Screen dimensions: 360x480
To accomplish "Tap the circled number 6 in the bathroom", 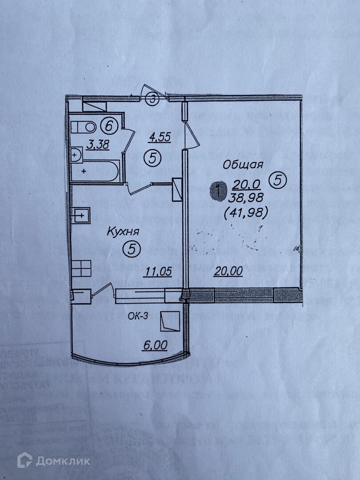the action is coord(109,126).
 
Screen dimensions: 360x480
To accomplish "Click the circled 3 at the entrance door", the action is coord(152,99).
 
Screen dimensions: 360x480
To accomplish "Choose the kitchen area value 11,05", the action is coord(157,271).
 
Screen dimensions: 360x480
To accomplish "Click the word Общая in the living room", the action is coord(243,164).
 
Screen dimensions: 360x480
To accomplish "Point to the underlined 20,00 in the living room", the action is coord(228,271).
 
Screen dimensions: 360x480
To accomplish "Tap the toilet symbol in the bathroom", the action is coord(83,127).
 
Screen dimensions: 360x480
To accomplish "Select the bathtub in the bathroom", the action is coord(94,171).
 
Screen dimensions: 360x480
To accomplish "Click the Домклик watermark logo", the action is coord(53,460).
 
